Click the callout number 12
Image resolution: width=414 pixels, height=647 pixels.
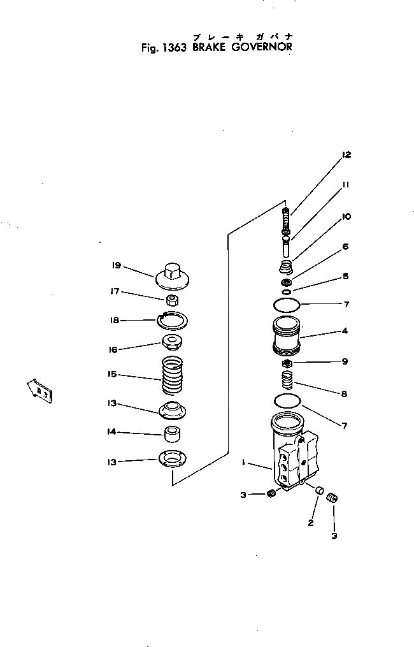346,154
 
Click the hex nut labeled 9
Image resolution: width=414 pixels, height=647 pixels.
287,363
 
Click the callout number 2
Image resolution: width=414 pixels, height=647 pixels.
310,523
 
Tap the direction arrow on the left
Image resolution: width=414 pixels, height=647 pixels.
39,391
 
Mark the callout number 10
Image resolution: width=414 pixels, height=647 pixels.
346,217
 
